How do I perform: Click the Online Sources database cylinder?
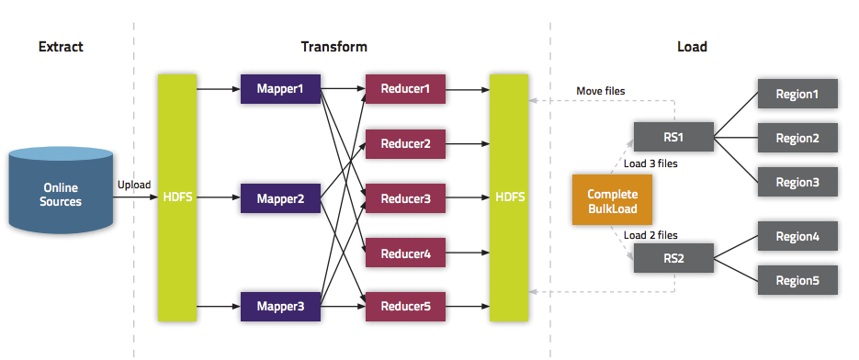[x=60, y=194]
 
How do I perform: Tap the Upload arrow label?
[x=134, y=185]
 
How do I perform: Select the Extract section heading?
[x=62, y=46]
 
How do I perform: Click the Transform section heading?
[x=334, y=46]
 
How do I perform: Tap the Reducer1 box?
[x=405, y=89]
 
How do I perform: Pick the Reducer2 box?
[x=405, y=143]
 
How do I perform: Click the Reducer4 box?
[x=405, y=252]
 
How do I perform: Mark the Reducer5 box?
[x=405, y=306]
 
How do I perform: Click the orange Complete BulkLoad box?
[x=612, y=201]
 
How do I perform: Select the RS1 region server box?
[x=673, y=138]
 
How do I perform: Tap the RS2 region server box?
[x=673, y=258]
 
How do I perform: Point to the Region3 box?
[x=797, y=182]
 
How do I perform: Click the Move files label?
[x=601, y=91]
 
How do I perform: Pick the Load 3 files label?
[x=650, y=164]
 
